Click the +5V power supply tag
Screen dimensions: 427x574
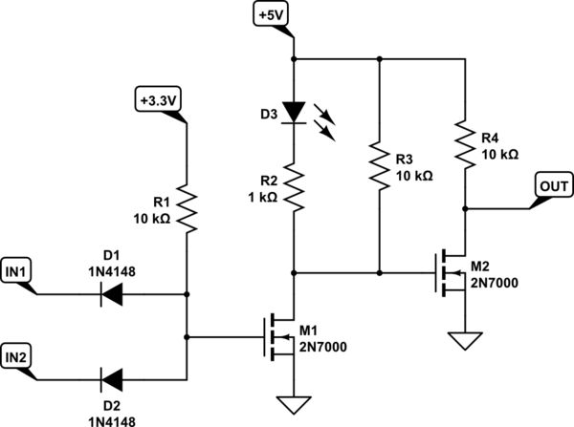pos(269,15)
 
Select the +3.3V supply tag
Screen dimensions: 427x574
pos(159,99)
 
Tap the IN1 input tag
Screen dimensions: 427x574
pos(18,272)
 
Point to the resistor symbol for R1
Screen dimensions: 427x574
pos(187,210)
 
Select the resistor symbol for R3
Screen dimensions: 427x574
pos(380,168)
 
